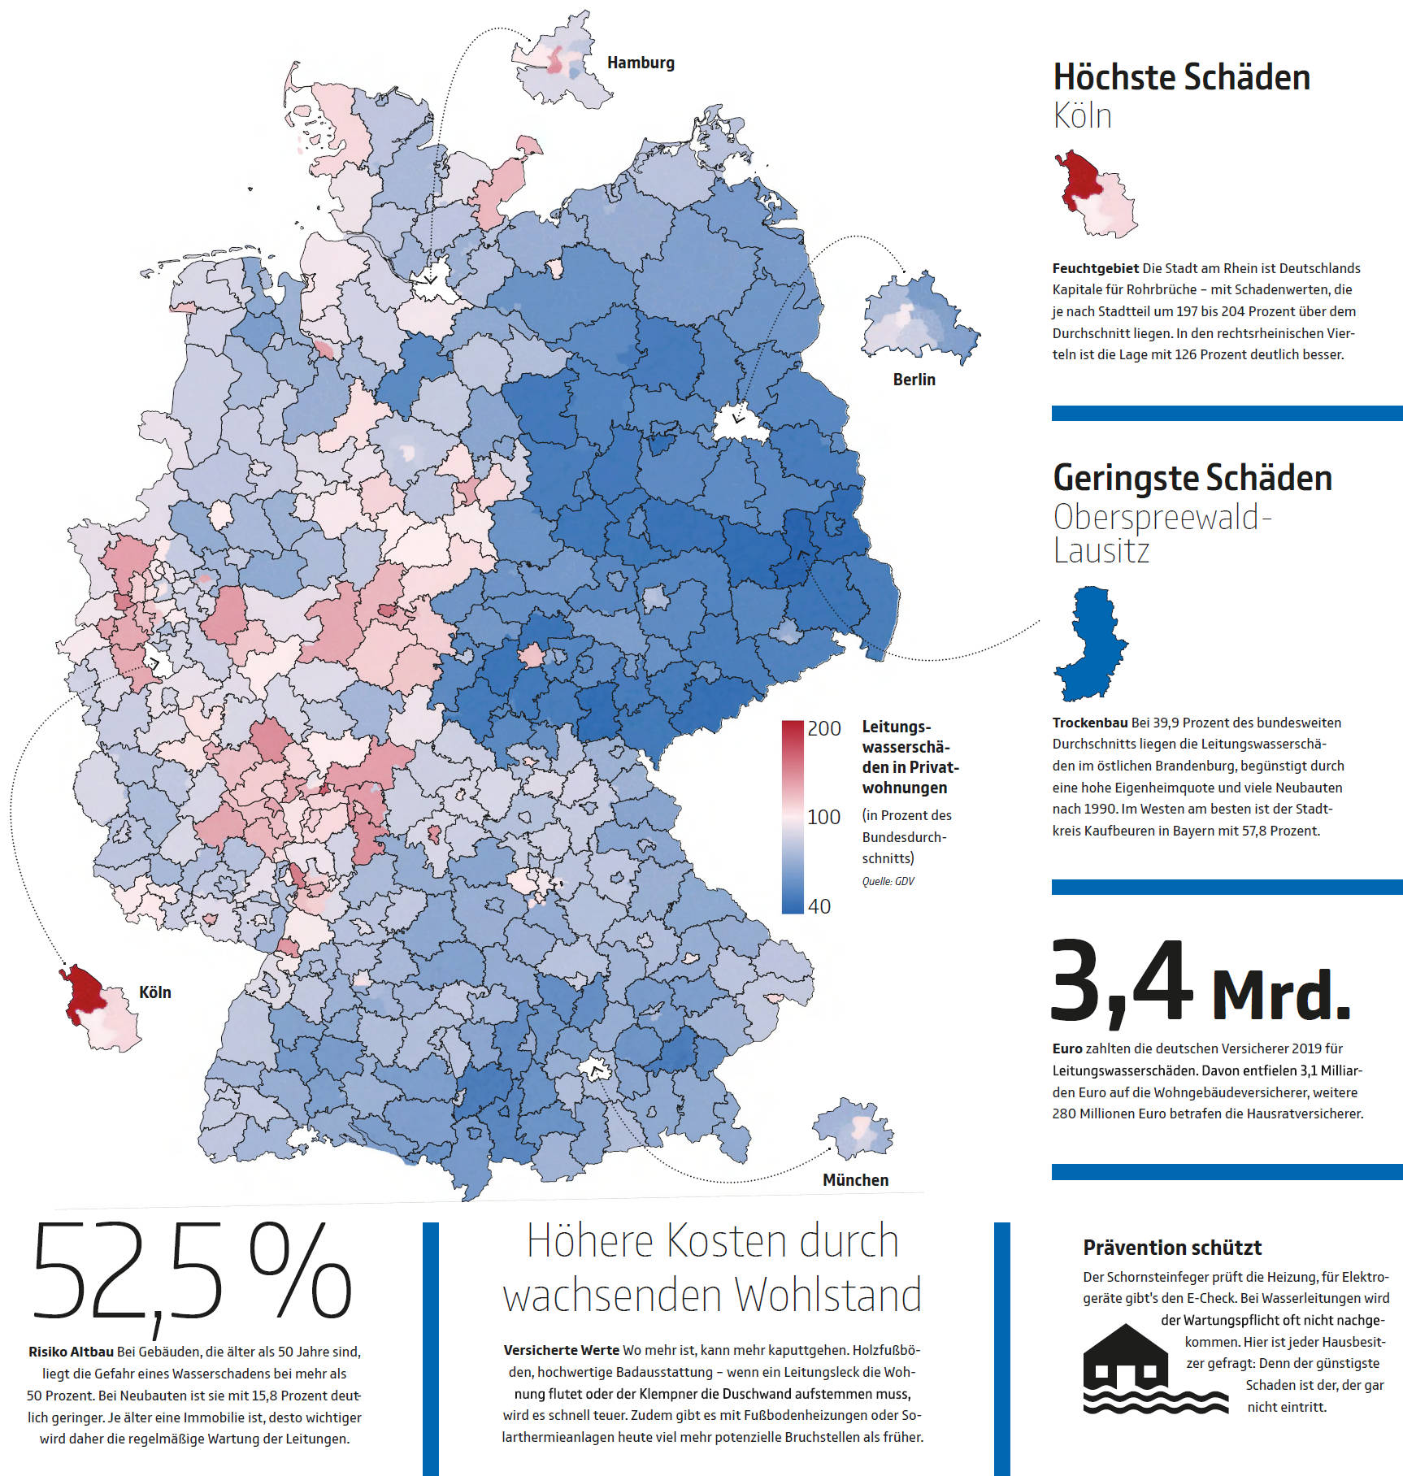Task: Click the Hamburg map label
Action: click(x=641, y=63)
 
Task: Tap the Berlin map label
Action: click(x=914, y=380)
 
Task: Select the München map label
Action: click(x=855, y=1180)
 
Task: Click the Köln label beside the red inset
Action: click(x=154, y=992)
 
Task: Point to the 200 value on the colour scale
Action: click(x=823, y=729)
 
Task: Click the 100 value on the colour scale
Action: click(x=823, y=817)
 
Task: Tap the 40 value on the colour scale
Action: click(x=819, y=906)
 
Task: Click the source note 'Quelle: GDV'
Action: click(x=888, y=881)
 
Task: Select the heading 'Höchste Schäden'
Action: click(x=1181, y=78)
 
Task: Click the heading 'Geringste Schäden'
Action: click(x=1192, y=479)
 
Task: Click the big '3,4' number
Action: click(x=1121, y=983)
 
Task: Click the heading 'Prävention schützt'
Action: click(x=1172, y=1248)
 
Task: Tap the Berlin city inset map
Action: click(x=919, y=318)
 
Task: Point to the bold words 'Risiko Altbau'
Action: click(x=71, y=1352)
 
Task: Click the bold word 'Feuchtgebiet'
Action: click(x=1095, y=268)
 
